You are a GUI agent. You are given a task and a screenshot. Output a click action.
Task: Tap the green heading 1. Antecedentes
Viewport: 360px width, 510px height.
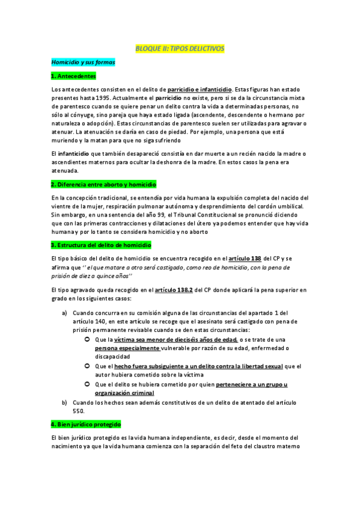[x=73, y=76]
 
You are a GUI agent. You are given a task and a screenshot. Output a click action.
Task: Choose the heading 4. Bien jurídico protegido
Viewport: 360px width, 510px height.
[x=86, y=424]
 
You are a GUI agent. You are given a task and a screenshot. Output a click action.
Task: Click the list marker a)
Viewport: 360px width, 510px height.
[x=64, y=313]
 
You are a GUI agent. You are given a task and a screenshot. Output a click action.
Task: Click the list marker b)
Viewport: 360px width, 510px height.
[x=64, y=402]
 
